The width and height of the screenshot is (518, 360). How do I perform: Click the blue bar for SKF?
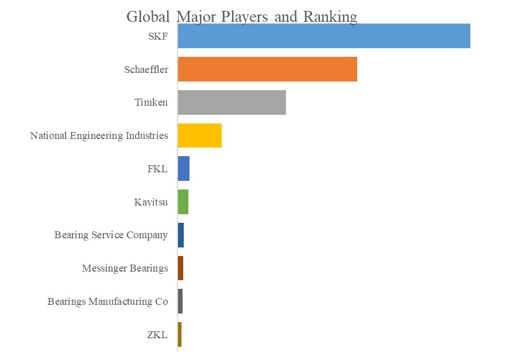(324, 36)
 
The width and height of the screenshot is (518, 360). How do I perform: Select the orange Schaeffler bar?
(268, 69)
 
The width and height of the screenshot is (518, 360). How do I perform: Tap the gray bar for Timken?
(232, 102)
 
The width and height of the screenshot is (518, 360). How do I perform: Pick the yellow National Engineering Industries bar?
(200, 136)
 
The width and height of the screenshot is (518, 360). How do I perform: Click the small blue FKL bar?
(184, 169)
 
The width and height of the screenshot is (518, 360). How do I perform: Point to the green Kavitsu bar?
(183, 202)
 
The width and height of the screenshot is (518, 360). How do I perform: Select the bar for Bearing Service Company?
(181, 235)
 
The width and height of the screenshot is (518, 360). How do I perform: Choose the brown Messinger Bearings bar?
(180, 268)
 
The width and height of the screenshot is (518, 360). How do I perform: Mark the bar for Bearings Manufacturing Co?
(180, 301)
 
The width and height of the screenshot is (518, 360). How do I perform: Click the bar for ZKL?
(180, 334)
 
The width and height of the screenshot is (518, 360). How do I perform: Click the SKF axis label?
(158, 37)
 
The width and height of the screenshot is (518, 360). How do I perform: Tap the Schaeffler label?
(146, 70)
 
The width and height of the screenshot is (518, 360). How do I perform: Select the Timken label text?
(152, 103)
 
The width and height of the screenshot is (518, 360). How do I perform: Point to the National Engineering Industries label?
(99, 136)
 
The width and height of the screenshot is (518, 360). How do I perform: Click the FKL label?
(157, 169)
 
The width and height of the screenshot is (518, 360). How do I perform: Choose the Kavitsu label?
(150, 202)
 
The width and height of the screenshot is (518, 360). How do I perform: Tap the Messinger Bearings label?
(125, 268)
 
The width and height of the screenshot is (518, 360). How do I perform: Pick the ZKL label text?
(157, 335)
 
